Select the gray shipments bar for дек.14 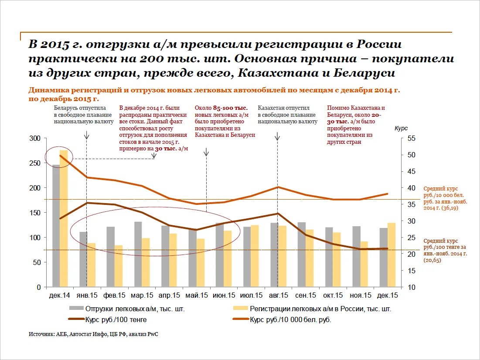pyautogui.click(x=56, y=226)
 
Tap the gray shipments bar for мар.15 pyautogui.click(x=138, y=255)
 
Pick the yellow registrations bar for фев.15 pyautogui.click(x=119, y=266)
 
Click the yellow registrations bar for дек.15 pyautogui.click(x=391, y=255)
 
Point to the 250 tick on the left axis pyautogui.click(x=35, y=163)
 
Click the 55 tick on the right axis pyautogui.click(x=412, y=138)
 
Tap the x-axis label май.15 pyautogui.click(x=197, y=295)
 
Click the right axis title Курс pyautogui.click(x=401, y=128)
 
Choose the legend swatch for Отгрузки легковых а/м pyautogui.click(x=76, y=309)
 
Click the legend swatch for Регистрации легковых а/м pyautogui.click(x=240, y=309)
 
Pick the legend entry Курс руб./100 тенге pyautogui.click(x=108, y=319)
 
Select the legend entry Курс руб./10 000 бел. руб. pyautogui.click(x=282, y=319)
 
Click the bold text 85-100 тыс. pyautogui.click(x=231, y=108)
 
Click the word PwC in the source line pyautogui.click(x=153, y=334)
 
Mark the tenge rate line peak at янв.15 pyautogui.click(x=87, y=203)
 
